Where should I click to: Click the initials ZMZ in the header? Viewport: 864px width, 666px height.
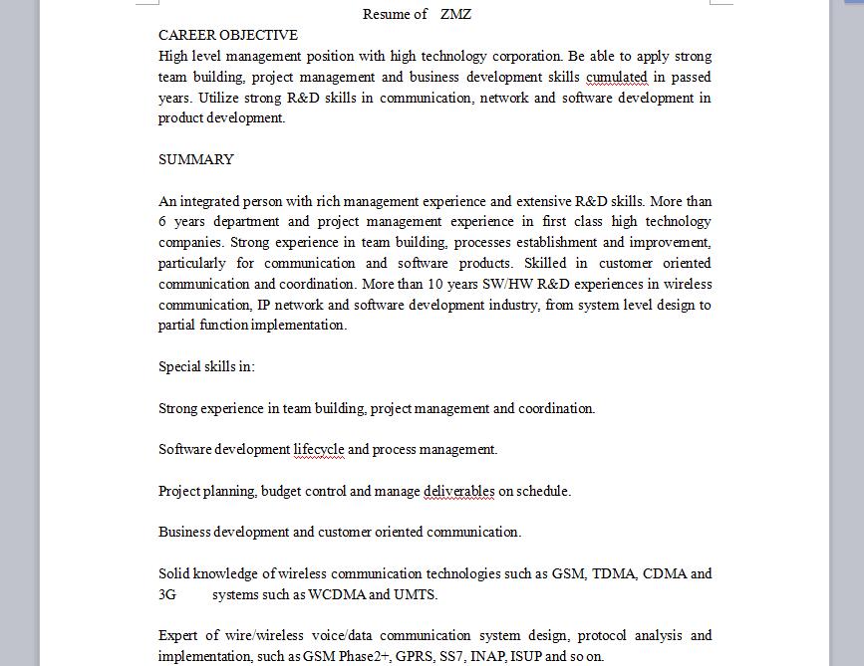(455, 14)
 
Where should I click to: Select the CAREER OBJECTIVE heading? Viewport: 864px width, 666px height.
(228, 35)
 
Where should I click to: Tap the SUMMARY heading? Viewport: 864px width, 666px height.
(196, 159)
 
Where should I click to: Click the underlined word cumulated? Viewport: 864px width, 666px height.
(617, 77)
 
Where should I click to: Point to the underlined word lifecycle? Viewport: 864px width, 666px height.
(319, 449)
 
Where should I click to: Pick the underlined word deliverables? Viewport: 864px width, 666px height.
(458, 491)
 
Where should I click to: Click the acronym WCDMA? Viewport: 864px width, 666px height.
(337, 595)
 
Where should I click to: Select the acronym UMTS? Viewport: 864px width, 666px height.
(416, 595)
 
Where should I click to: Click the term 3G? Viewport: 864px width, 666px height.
(167, 595)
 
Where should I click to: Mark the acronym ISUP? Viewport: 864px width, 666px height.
(530, 657)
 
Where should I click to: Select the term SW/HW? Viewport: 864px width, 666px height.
(507, 284)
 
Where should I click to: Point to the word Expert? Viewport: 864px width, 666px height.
(179, 635)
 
